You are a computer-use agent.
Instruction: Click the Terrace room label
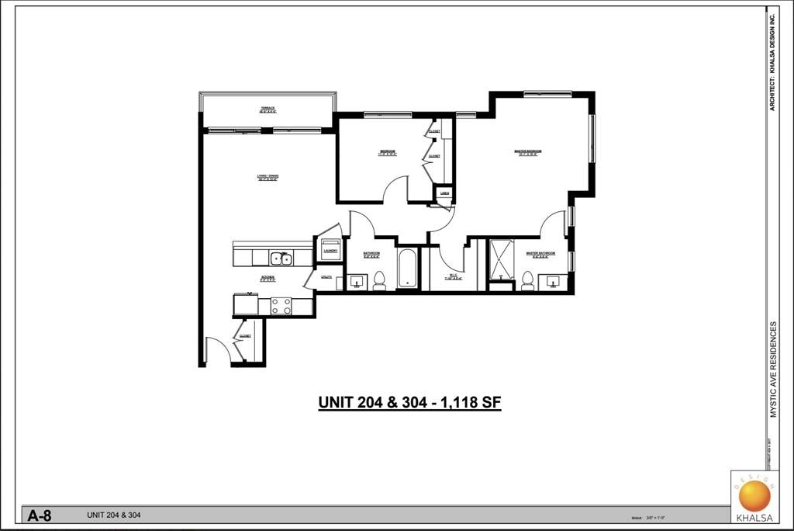(268, 109)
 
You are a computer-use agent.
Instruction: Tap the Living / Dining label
(268, 176)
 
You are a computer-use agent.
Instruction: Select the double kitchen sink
(281, 259)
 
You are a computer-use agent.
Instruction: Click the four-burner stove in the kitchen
(281, 306)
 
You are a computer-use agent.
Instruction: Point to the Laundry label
(330, 251)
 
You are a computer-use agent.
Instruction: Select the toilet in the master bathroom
(527, 279)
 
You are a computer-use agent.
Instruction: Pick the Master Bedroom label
(527, 151)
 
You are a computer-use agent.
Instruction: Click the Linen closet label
(444, 193)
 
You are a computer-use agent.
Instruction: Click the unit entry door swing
(216, 351)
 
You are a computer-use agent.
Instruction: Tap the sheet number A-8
(39, 515)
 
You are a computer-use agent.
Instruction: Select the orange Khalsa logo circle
(751, 495)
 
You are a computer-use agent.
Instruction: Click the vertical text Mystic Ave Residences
(772, 370)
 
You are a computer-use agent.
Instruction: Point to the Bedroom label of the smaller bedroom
(388, 151)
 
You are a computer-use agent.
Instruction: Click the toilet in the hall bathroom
(379, 279)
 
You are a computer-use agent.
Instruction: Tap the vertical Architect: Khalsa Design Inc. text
(772, 62)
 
